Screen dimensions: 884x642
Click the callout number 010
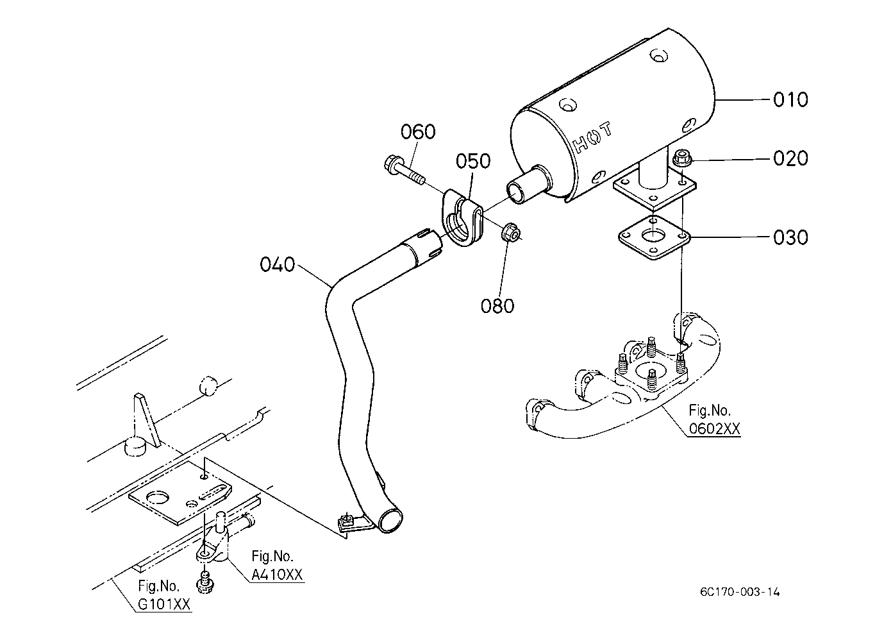click(x=790, y=99)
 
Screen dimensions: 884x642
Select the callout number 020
click(x=790, y=158)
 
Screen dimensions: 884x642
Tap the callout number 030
click(x=790, y=237)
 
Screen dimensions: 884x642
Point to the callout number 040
click(x=278, y=264)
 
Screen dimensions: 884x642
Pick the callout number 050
click(x=473, y=161)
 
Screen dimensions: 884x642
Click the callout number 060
click(x=419, y=131)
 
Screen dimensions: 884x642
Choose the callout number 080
click(x=497, y=305)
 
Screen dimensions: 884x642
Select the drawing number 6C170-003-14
click(x=740, y=592)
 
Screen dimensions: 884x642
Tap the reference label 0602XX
click(x=715, y=428)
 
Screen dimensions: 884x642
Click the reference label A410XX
click(x=277, y=574)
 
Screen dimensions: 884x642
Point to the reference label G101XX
click(x=164, y=604)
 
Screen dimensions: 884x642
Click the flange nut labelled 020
click(x=681, y=158)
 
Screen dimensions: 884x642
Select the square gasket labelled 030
click(x=654, y=237)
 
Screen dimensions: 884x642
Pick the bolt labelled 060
click(x=404, y=171)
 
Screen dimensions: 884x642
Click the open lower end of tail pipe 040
click(x=390, y=520)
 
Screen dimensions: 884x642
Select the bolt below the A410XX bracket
click(x=204, y=583)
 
